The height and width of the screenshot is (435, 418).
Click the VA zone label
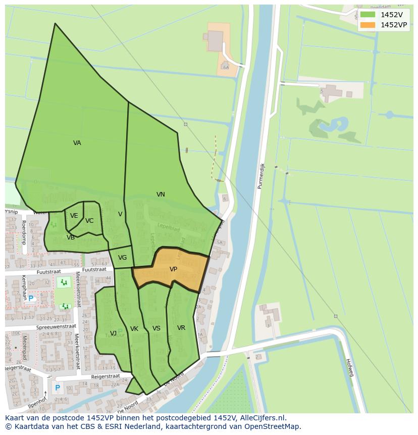tap(77, 143)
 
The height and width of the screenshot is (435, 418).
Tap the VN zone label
tap(161, 195)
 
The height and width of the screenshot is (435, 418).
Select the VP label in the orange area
tap(173, 269)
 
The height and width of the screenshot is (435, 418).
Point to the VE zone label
tap(74, 216)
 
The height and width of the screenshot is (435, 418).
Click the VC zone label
tap(89, 221)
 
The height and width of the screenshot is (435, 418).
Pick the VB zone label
tap(71, 237)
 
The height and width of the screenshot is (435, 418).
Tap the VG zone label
tap(122, 258)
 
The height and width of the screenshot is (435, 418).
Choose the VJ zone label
tap(113, 333)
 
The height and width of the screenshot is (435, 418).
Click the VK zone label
tap(134, 329)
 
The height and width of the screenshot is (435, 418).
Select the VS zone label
tap(156, 328)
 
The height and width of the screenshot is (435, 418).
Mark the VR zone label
tap(181, 328)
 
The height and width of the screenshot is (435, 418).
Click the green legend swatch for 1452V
tap(368, 15)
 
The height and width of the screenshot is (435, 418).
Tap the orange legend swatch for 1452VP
tap(368, 25)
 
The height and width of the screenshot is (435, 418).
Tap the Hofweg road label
tap(349, 368)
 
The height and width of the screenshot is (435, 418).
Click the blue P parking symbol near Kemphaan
tap(30, 299)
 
